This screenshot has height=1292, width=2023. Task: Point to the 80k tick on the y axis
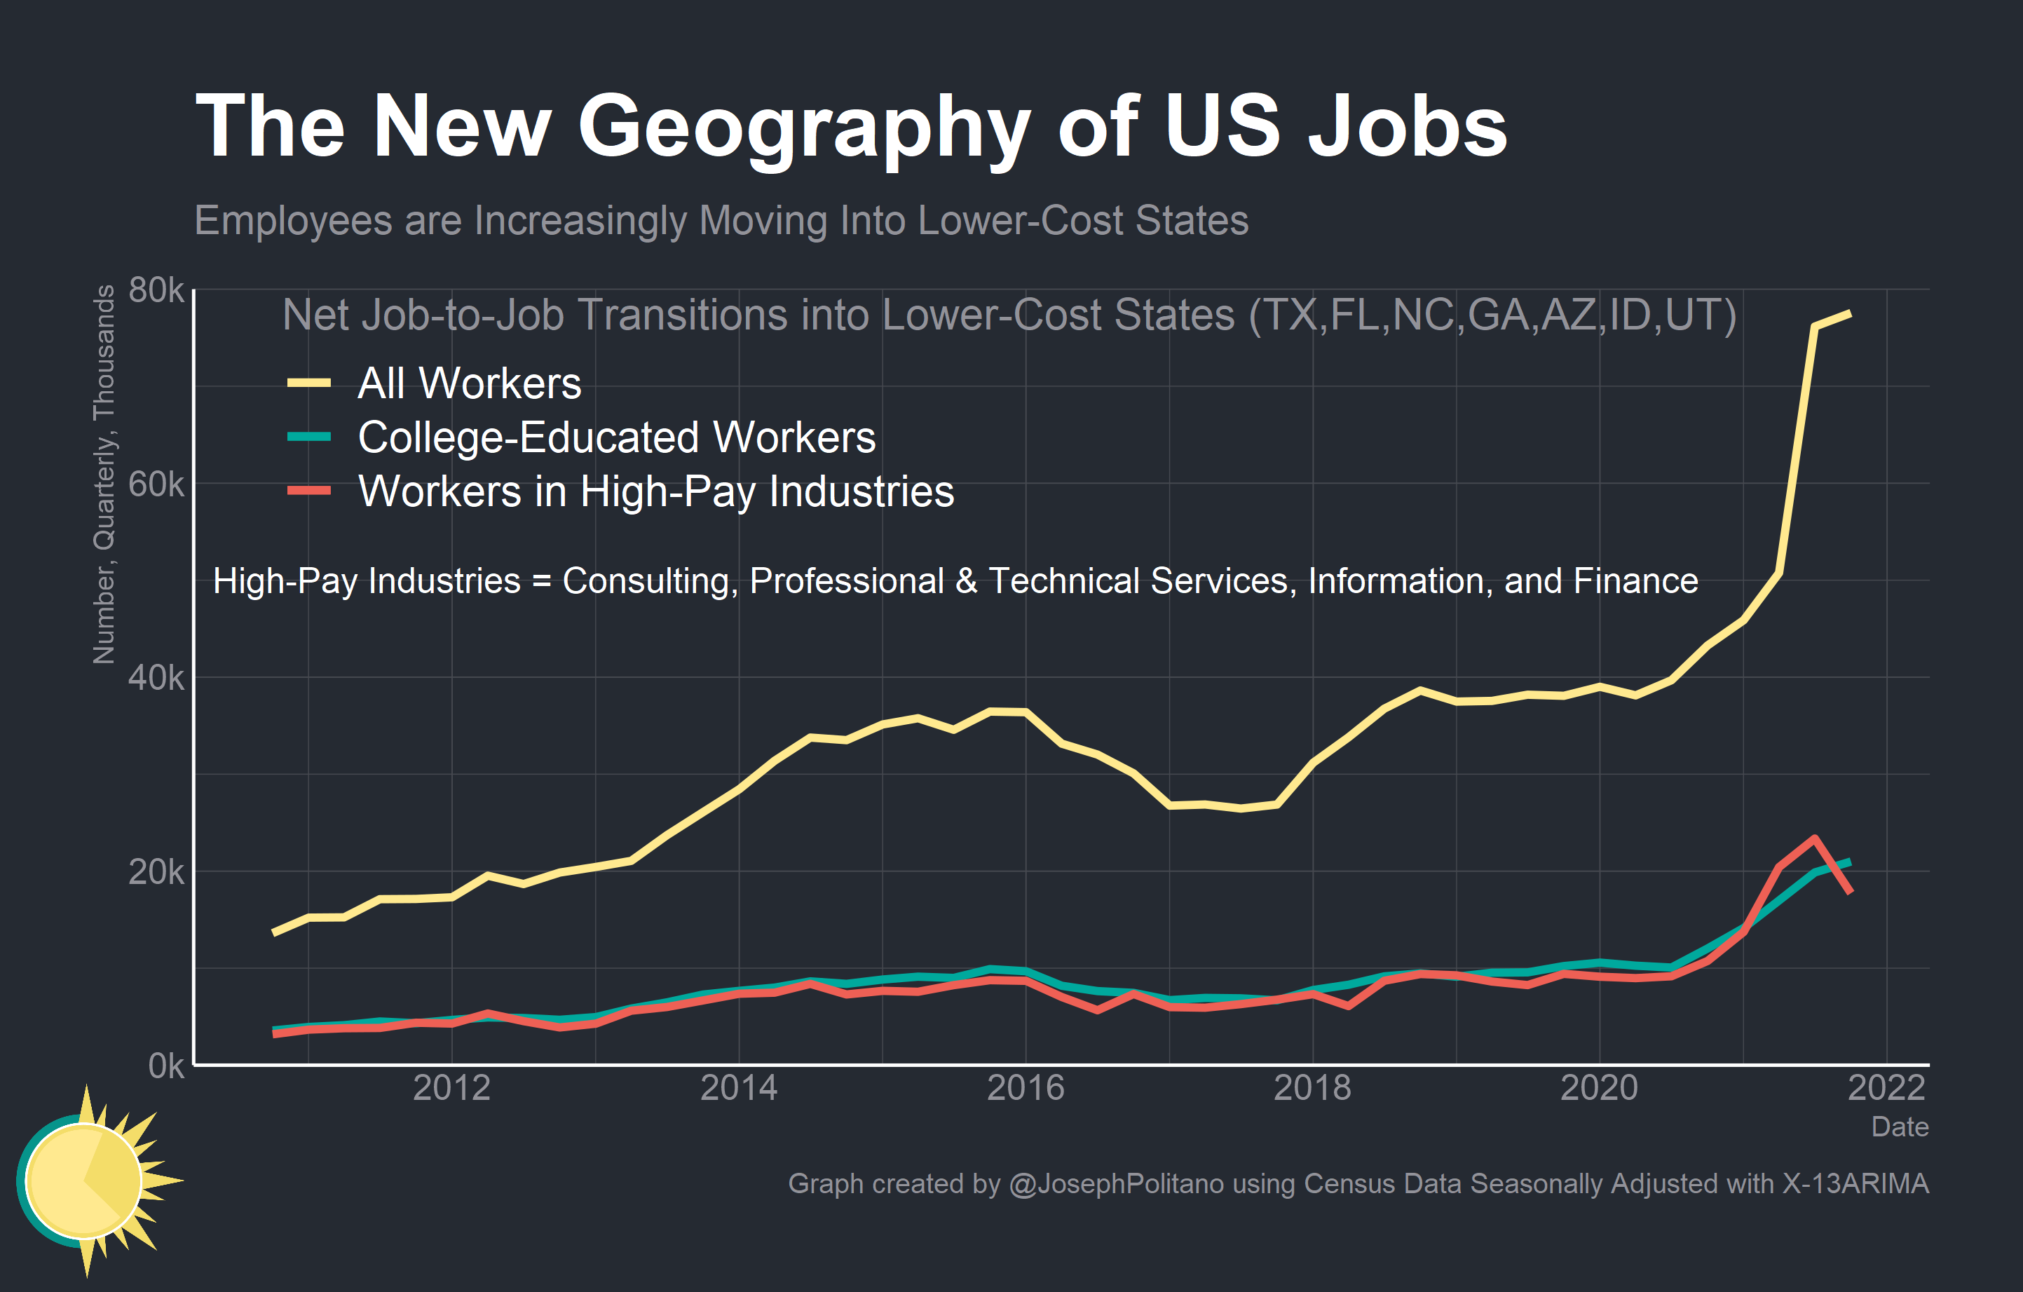point(156,291)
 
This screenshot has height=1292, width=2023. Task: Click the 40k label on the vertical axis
point(156,678)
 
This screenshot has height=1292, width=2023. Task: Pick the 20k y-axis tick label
point(156,873)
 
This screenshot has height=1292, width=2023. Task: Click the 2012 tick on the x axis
point(451,1089)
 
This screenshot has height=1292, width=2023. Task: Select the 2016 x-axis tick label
point(1025,1089)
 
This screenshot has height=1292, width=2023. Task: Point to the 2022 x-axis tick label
point(1886,1089)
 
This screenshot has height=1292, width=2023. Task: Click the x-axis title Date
point(1900,1127)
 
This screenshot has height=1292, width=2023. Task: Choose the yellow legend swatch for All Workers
point(308,383)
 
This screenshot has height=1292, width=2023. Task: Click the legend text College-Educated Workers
point(617,437)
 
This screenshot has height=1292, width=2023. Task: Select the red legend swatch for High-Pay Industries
point(308,491)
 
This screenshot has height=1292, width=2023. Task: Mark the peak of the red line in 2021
point(1815,838)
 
